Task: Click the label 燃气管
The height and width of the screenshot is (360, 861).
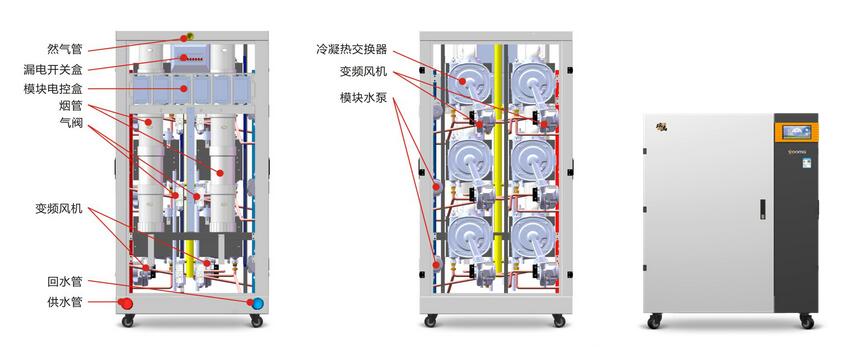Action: point(65,49)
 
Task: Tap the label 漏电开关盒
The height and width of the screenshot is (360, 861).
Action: point(53,69)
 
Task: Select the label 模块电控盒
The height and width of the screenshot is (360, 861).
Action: point(53,89)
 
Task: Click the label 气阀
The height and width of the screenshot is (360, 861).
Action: point(71,123)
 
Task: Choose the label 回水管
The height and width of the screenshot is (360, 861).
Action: point(65,282)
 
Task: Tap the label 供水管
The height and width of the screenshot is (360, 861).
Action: point(65,302)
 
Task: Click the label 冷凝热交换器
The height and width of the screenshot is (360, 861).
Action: point(351,49)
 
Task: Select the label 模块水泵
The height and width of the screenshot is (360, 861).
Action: point(364,98)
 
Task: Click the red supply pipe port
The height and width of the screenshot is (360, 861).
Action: point(126,303)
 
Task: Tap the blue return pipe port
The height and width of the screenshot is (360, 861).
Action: point(257,302)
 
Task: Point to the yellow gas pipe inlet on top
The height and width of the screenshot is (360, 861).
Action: point(189,36)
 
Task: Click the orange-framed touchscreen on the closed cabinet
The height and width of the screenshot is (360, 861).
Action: point(796,131)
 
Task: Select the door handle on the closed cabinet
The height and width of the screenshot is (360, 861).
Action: point(763,209)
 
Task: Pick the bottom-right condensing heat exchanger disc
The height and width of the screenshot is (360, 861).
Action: point(533,234)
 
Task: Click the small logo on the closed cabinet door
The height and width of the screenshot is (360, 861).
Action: point(658,127)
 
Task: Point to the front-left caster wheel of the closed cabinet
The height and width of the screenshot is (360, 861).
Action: point(654,322)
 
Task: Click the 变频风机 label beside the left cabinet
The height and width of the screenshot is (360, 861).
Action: point(59,209)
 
